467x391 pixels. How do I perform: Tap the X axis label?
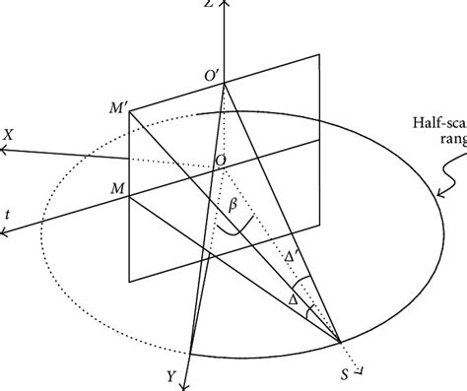8,131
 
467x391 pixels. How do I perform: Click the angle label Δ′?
292,258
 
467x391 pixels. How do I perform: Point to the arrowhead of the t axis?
5,232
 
